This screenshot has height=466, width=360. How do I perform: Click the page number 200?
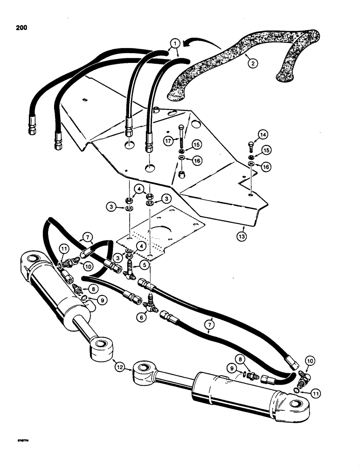(21, 27)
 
